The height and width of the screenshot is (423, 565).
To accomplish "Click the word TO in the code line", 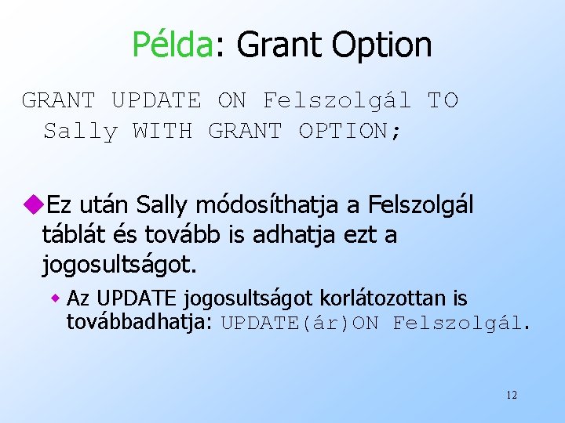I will click(443, 100).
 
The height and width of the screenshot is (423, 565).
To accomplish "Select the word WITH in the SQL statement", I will click(162, 131).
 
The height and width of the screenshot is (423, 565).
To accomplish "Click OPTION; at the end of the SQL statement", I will click(349, 131).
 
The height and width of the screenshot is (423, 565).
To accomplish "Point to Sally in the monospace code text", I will click(80, 131).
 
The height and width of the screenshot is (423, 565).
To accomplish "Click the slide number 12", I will click(512, 395).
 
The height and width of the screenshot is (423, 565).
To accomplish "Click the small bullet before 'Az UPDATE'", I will click(56, 298).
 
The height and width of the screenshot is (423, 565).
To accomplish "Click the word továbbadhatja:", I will click(141, 321).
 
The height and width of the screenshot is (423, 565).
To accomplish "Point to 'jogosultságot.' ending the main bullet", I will click(118, 264).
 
